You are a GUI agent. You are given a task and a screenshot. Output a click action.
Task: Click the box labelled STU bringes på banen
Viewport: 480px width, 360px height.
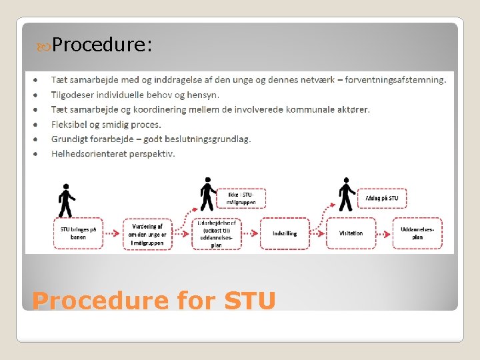pos(79,233)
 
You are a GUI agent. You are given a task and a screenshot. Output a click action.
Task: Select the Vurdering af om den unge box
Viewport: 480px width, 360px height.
pos(148,233)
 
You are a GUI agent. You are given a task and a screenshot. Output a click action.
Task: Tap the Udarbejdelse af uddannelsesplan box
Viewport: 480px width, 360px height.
pos(216,234)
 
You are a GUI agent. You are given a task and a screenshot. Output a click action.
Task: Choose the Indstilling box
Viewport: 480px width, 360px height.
pos(285,233)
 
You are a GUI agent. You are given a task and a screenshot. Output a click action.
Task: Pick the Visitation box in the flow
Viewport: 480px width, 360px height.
pos(351,233)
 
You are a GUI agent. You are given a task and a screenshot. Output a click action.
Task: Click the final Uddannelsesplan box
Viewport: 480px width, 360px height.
pos(417,233)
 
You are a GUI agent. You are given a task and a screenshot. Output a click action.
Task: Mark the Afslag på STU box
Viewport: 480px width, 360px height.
pos(382,198)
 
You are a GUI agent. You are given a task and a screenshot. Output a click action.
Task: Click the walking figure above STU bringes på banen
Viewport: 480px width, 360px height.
pos(66,200)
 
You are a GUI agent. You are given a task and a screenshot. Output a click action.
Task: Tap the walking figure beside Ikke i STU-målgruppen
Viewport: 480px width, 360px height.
pos(208,194)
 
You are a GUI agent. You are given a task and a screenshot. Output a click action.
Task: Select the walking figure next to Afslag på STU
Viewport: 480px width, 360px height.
pos(346,194)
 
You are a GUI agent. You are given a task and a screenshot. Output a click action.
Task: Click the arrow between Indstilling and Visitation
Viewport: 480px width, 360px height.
pos(318,233)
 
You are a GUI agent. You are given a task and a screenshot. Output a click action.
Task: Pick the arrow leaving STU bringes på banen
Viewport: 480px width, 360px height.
pos(113,233)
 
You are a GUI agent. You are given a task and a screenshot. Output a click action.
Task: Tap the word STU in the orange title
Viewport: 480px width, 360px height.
pos(250,301)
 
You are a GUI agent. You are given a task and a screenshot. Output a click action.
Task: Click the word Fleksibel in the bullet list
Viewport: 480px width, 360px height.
pos(71,124)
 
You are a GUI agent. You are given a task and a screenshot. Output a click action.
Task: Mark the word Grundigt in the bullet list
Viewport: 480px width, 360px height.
pos(70,139)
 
